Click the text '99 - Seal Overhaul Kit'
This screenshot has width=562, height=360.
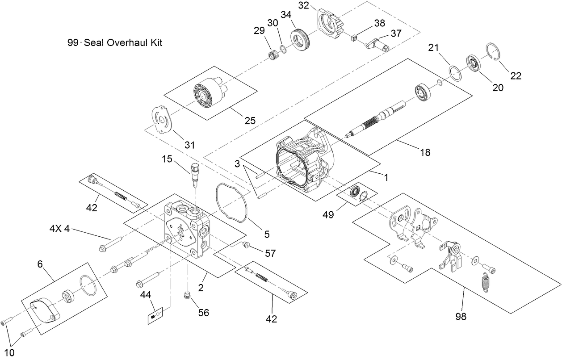[x=114, y=43]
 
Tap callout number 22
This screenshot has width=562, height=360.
[x=516, y=76]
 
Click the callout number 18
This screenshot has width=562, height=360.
[x=425, y=152]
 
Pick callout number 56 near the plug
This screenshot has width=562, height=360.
[x=203, y=313]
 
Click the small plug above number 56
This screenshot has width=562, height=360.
[x=187, y=296]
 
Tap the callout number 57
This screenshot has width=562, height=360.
[x=270, y=253]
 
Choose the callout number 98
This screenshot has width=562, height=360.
[x=461, y=317]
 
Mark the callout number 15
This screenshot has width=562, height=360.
[x=167, y=159]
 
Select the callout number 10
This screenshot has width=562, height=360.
[x=9, y=352]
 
